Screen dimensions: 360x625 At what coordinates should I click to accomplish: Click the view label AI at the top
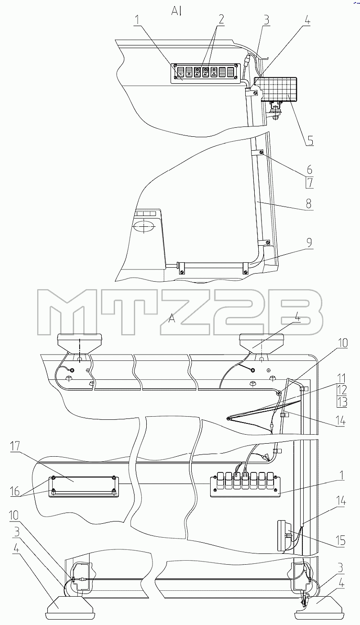click(176, 11)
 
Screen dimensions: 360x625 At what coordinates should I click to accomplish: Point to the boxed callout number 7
click(310, 183)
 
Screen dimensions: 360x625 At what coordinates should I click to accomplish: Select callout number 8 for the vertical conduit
click(308, 204)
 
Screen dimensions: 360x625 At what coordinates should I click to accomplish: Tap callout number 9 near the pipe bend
click(309, 243)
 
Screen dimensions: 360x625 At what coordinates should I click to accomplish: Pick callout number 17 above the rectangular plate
click(15, 447)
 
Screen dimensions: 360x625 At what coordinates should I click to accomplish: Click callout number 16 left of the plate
click(16, 491)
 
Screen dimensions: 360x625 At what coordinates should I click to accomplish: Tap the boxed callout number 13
click(342, 402)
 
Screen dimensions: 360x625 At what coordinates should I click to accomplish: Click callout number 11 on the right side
click(342, 378)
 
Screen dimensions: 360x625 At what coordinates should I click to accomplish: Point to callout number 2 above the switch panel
click(220, 19)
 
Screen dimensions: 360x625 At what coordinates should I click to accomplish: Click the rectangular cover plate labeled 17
click(84, 486)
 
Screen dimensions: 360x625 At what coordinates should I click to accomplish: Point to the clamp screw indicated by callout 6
click(261, 152)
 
